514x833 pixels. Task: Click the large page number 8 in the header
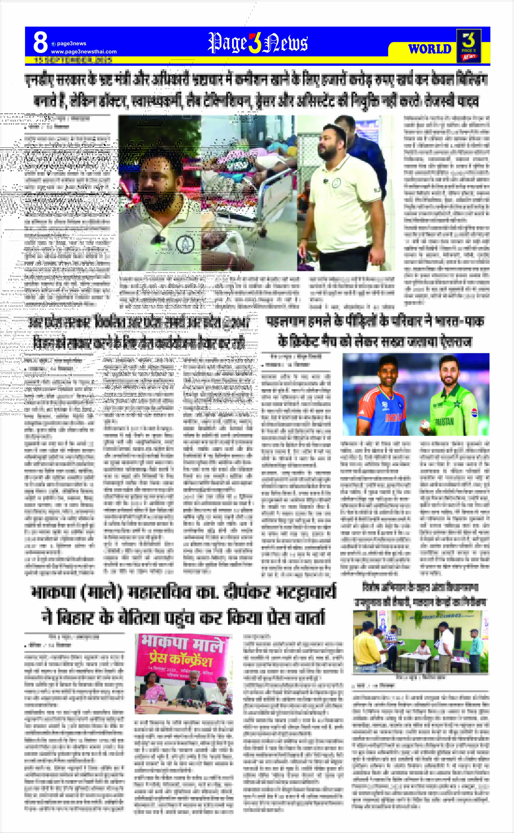coord(40,43)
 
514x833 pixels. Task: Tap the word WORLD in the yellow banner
coord(430,49)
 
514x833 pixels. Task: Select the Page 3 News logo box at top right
coord(468,46)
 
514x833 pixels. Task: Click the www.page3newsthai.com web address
coord(84,52)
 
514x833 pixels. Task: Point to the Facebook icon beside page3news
coord(53,44)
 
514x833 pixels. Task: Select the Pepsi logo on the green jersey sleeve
coord(475,413)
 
